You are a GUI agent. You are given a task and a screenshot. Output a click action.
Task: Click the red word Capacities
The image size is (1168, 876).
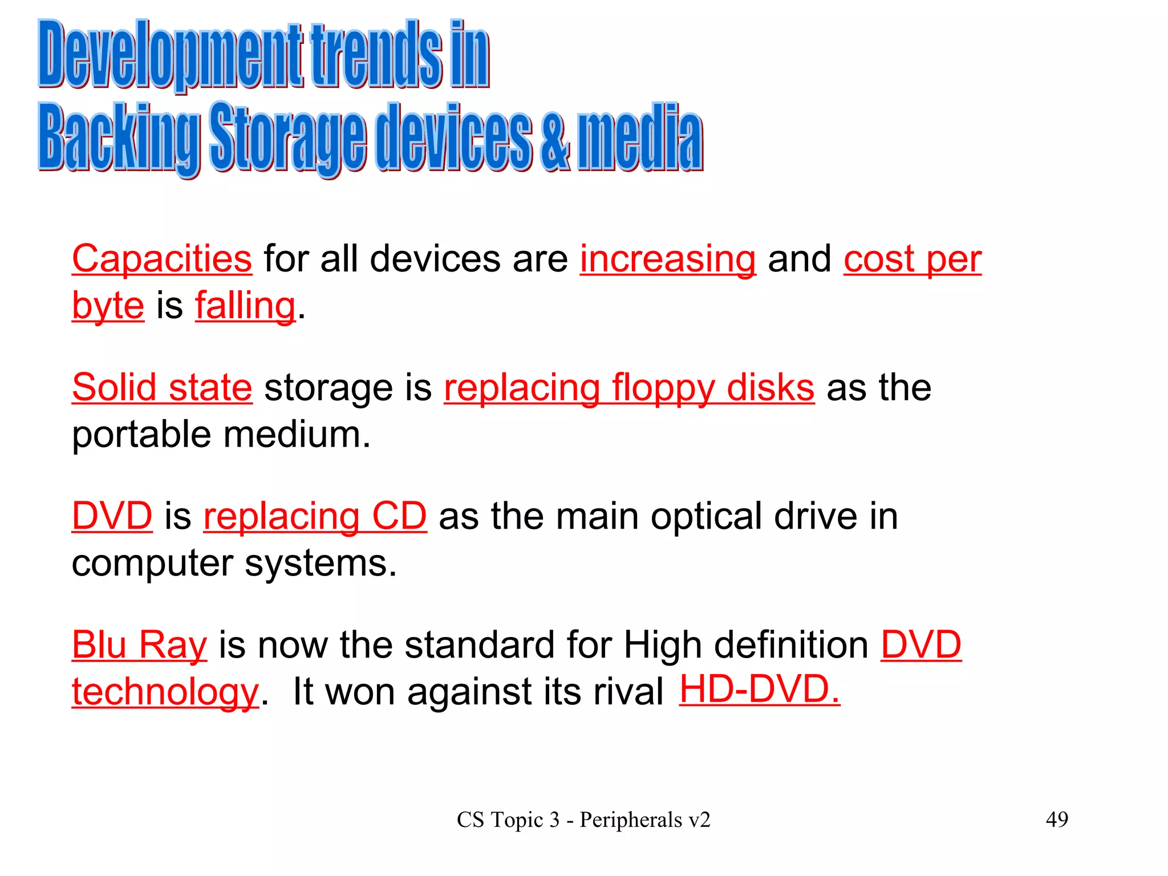coord(162,259)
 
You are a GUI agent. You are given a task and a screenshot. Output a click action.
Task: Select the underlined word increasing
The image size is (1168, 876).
coord(668,259)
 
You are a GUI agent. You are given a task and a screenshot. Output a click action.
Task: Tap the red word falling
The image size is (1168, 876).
coord(245,306)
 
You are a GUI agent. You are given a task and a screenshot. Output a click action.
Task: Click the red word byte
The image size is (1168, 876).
coord(108,306)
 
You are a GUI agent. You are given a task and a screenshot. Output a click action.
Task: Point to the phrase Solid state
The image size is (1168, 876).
coord(162,388)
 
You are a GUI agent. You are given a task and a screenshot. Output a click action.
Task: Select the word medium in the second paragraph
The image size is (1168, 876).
coord(297,435)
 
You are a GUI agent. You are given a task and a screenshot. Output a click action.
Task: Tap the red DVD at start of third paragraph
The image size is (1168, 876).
coord(112,516)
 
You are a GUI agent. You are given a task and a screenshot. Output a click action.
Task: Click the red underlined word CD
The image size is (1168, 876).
coord(399,516)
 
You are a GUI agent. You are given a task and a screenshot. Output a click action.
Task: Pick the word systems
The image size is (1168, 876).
coord(321,563)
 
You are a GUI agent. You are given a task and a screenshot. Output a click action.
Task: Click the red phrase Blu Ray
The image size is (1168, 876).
coord(139,645)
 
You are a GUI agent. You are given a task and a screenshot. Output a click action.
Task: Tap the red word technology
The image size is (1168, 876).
coord(165,692)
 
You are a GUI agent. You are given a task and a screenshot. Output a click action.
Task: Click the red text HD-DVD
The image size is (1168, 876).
coord(759,690)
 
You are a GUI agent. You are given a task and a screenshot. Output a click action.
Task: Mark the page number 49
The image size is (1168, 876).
coord(1057,820)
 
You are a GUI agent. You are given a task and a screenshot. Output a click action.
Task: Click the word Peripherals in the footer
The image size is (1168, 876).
coord(631,820)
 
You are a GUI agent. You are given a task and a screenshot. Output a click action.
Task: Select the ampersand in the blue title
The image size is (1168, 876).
coord(555,138)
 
